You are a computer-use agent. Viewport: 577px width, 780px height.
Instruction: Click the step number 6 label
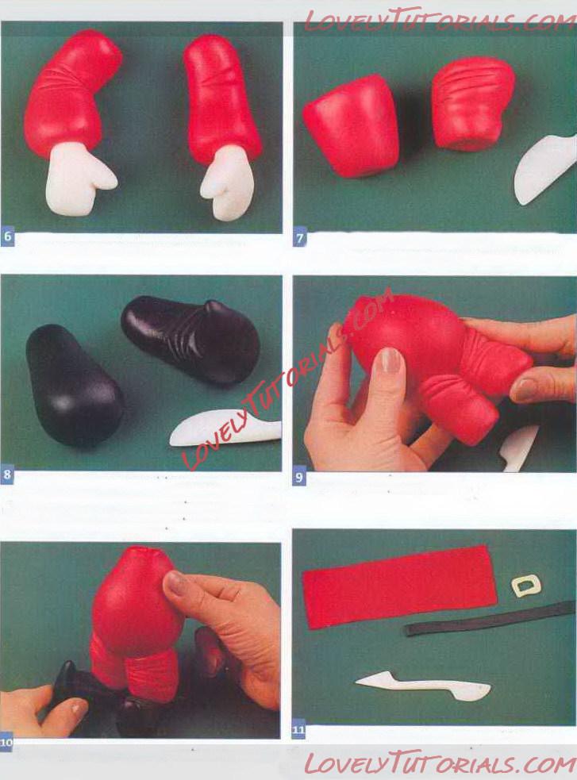point(7,236)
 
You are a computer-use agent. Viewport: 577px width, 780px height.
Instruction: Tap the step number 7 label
point(299,238)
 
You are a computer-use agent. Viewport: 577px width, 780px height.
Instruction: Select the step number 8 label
point(7,475)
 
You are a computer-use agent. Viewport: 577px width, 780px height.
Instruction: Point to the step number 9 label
point(299,478)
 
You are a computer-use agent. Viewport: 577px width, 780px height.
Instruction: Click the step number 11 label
point(298,731)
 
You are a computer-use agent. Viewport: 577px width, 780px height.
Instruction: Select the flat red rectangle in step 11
point(400,586)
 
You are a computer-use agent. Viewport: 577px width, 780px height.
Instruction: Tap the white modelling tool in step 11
point(423,686)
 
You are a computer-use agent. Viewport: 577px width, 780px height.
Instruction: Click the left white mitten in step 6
point(79,179)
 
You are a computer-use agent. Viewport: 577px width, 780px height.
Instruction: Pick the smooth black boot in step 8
point(75,386)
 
